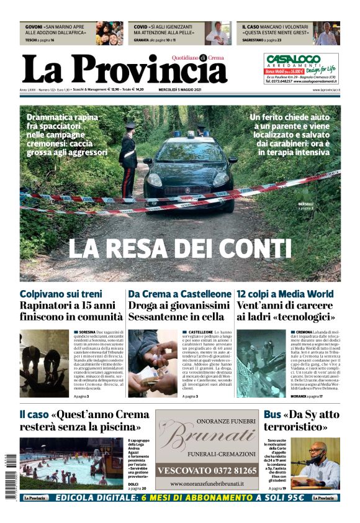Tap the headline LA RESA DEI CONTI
pos(179,249)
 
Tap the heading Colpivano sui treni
pos(61,294)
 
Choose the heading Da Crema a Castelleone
pos(179,294)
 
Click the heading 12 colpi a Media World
pos(285,294)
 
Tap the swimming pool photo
pos(62,463)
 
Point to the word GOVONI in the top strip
pos(34,27)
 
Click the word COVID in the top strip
pos(142,27)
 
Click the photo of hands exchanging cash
pos(153,363)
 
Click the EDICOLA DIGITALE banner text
pos(179,498)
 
